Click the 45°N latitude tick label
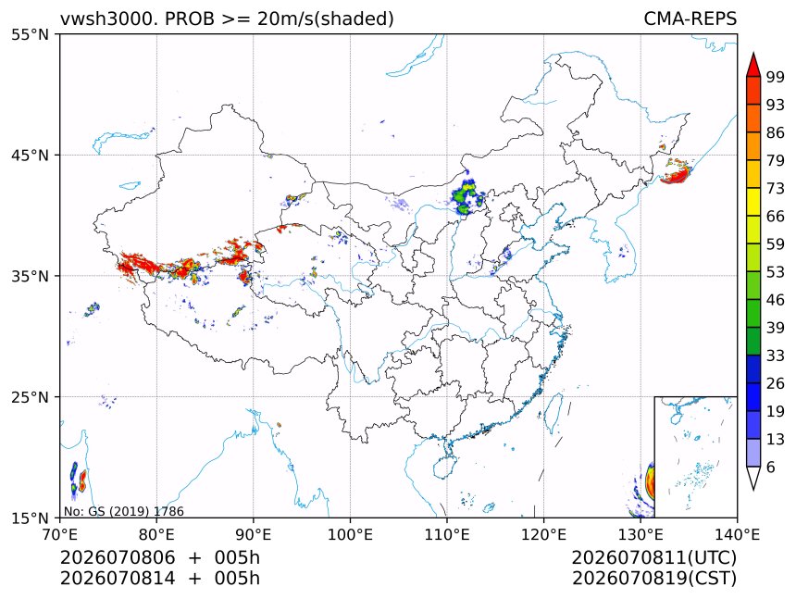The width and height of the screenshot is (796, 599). tap(30, 155)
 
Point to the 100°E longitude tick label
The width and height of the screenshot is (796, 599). tap(350, 534)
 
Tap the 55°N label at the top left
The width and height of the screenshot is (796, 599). tap(30, 34)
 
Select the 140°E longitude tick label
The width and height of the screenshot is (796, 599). tap(737, 534)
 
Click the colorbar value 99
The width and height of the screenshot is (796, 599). tap(776, 77)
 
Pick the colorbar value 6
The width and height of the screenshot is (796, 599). tap(771, 467)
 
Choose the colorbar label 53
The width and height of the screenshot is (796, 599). tap(776, 272)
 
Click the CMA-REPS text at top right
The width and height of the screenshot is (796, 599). tap(690, 19)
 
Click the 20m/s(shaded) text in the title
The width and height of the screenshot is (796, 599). tap(326, 19)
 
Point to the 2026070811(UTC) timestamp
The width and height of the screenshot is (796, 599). tap(653, 557)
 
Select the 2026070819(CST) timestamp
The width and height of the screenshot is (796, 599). tap(653, 579)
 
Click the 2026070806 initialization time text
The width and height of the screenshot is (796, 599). tap(118, 557)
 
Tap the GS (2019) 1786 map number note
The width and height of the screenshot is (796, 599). tap(136, 511)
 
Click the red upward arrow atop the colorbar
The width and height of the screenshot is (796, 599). tap(753, 65)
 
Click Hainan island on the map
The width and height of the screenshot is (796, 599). tap(444, 467)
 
